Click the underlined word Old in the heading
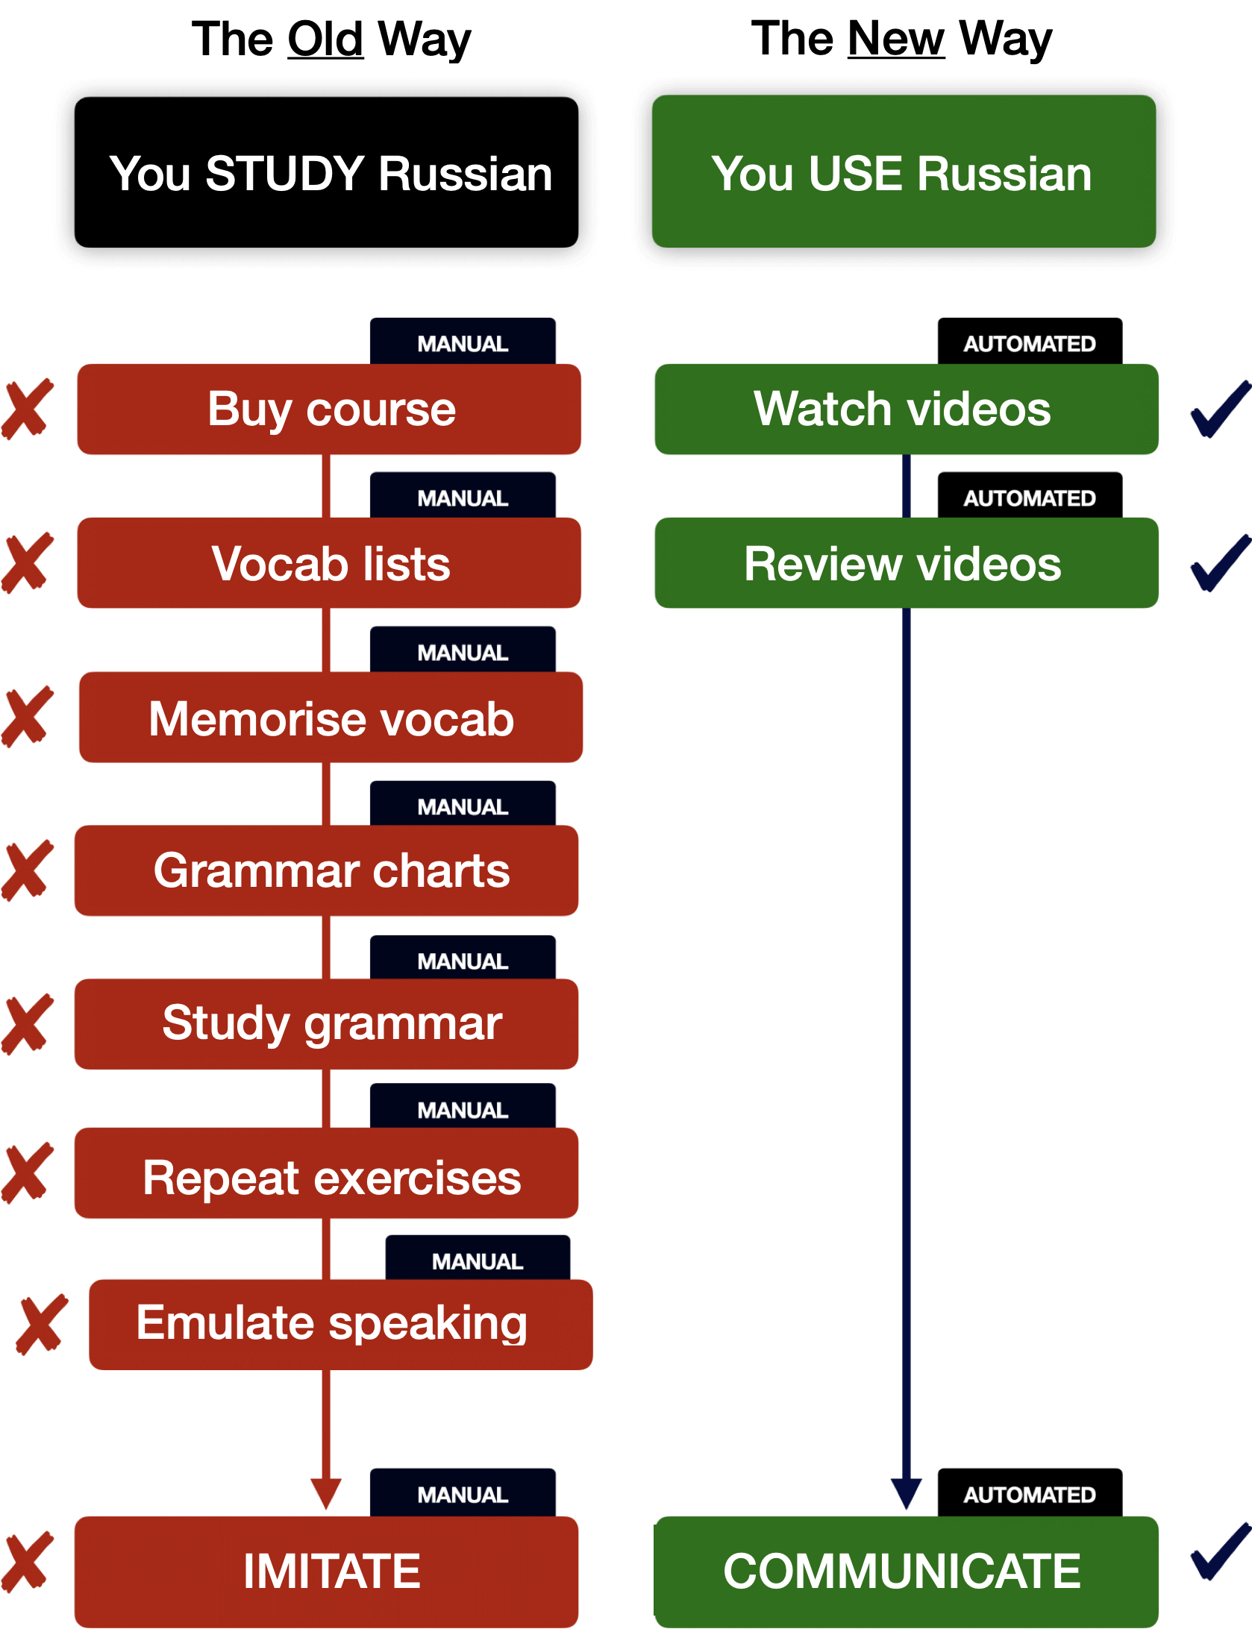325,39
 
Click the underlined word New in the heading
896,38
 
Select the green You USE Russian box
904,172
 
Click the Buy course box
329,409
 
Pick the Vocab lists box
329,563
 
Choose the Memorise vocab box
331,718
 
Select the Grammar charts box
327,870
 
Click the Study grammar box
327,1023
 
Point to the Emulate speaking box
340,1324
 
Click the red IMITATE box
327,1570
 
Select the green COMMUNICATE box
906,1570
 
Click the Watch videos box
906,409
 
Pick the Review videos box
906,563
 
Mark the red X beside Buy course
28,409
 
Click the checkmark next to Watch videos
1219,409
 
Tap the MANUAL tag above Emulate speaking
478,1261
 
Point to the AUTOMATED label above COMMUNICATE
1029,1495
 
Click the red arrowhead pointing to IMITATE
326,1493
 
